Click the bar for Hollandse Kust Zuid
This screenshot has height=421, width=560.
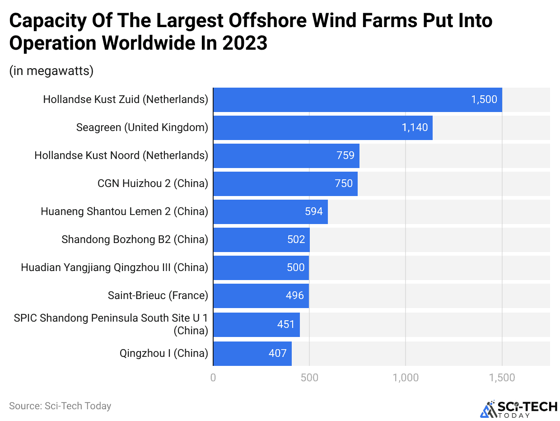click(357, 100)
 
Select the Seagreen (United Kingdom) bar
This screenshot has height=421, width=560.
click(322, 128)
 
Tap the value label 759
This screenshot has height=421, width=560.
click(345, 156)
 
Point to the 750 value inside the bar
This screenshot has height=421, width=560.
click(344, 184)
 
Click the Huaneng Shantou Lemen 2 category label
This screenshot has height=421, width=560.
click(124, 211)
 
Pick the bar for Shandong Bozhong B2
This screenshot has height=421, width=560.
click(261, 240)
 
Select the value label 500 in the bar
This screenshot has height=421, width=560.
click(296, 268)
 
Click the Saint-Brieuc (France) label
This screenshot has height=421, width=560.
click(158, 296)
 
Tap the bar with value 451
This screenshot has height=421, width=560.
click(256, 325)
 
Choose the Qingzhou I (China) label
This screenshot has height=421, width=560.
click(163, 353)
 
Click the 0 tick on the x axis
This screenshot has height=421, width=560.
click(213, 378)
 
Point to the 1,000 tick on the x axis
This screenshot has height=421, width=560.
click(406, 378)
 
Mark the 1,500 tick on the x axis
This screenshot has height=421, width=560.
click(502, 378)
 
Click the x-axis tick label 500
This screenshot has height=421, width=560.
click(309, 378)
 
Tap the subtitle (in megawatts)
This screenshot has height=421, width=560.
click(51, 71)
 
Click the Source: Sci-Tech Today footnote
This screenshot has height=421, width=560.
click(60, 406)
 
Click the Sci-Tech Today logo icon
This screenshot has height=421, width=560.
click(487, 408)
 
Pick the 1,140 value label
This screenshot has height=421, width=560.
click(415, 128)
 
